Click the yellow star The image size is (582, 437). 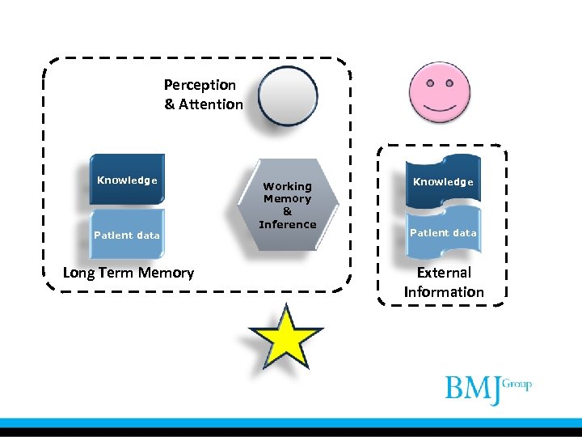click(x=285, y=337)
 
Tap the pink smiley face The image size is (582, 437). click(x=440, y=91)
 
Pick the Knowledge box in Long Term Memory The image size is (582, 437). click(x=127, y=180)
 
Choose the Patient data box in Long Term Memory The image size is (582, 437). click(x=127, y=235)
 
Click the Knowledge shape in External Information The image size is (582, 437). click(x=443, y=181)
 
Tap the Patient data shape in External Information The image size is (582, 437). click(x=443, y=232)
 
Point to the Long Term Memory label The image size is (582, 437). click(x=129, y=273)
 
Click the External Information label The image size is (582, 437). click(x=444, y=282)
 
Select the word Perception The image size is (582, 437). click(x=200, y=85)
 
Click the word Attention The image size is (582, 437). click(x=210, y=104)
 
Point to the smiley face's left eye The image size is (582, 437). click(x=428, y=82)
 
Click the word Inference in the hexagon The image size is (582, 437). click(x=287, y=224)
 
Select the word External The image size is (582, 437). click(x=444, y=273)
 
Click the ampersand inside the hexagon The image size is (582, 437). click(x=287, y=211)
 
